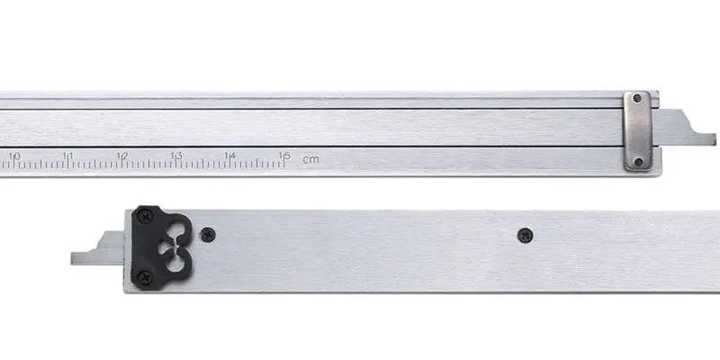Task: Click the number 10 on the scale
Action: (14, 156)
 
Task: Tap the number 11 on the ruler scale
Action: (68, 156)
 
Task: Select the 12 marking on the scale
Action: (122, 156)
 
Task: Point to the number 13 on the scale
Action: (176, 156)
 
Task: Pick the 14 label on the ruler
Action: (230, 156)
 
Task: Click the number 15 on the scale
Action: (284, 156)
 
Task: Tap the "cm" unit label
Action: (310, 160)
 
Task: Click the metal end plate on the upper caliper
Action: (638, 130)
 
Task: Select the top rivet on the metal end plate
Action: (637, 98)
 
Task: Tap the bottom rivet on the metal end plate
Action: (638, 162)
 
